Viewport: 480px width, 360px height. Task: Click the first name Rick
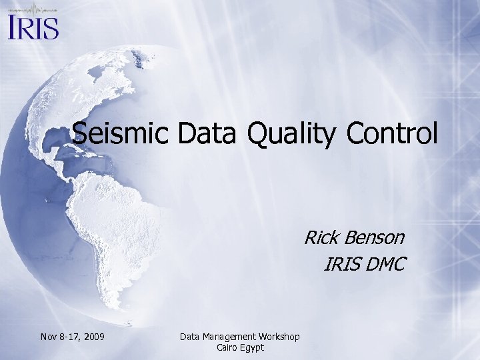(323, 237)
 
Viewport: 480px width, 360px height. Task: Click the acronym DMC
(383, 264)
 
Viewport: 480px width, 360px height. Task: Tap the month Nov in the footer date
(50, 337)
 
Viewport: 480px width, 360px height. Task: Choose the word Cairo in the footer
(229, 347)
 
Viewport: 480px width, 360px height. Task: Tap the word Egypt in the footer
(253, 348)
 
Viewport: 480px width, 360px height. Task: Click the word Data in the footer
(191, 337)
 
